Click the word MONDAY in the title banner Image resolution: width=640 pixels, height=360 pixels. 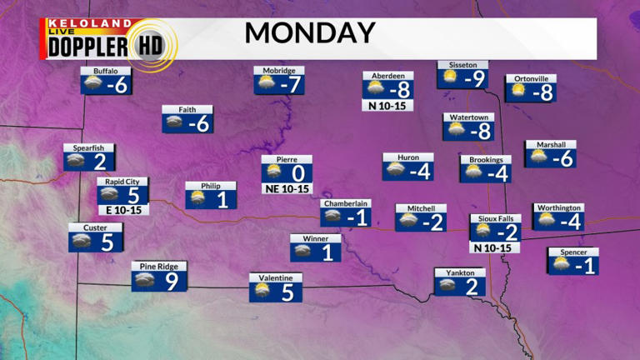(309, 33)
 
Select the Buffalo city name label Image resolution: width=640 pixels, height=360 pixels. (106, 71)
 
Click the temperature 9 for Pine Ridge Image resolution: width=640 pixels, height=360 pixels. (172, 282)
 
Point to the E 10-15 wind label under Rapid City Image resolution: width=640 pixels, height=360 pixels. (122, 210)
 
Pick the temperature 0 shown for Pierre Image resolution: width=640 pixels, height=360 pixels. (297, 174)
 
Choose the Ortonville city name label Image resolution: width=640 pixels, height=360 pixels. (531, 79)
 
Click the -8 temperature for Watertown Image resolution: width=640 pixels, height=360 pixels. (481, 131)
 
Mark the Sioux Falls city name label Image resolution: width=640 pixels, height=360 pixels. (495, 218)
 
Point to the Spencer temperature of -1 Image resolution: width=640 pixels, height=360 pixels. (587, 266)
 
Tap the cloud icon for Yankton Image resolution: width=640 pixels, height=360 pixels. (447, 286)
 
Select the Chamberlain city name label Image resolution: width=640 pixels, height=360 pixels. (346, 203)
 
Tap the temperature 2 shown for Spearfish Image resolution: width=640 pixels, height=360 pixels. (99, 162)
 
